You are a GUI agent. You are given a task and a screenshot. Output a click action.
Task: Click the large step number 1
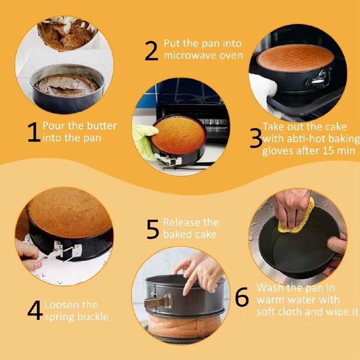pos(34,132)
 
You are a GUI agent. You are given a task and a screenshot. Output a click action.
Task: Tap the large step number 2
pos(152,51)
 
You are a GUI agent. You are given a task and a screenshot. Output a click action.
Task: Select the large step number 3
pos(256,138)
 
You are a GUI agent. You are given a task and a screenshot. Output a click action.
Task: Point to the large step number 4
pos(35,310)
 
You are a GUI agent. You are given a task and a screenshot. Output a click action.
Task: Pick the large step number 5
pos(153,229)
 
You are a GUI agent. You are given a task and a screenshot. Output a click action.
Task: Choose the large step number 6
pos(242,297)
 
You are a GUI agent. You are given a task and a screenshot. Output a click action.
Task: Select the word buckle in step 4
pos(93,317)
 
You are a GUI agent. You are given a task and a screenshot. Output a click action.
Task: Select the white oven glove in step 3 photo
pos(264,91)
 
